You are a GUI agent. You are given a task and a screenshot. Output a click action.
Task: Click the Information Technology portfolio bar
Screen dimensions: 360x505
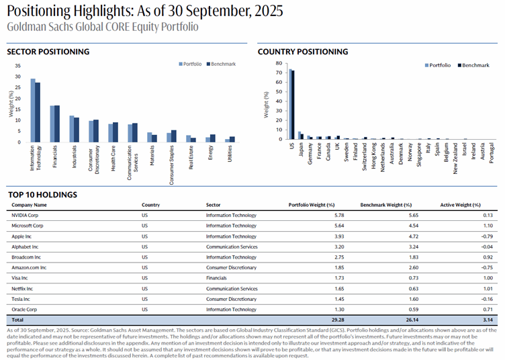tap(32, 110)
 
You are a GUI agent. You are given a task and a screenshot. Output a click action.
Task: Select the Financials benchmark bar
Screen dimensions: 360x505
tap(57, 124)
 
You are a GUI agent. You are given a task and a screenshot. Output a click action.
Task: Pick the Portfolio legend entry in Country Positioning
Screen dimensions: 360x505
tap(437, 65)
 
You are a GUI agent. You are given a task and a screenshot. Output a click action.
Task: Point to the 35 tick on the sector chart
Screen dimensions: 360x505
tap(17, 66)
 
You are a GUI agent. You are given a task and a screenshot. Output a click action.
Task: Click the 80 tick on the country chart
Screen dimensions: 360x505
tap(278, 64)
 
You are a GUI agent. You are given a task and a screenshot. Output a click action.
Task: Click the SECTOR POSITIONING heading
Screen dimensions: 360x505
tap(48, 52)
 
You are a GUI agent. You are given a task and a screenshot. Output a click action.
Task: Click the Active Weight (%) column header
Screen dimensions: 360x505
tap(460, 205)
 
